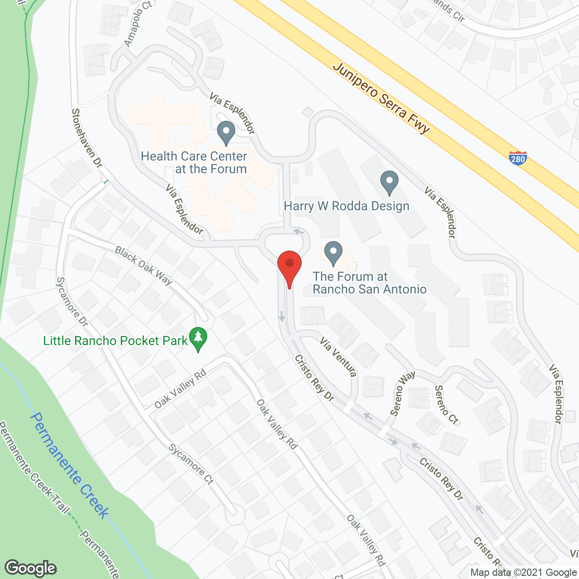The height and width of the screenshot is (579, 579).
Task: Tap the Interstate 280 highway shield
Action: [517, 158]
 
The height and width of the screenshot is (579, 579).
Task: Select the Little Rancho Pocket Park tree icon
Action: [198, 339]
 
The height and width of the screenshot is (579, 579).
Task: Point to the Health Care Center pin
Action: [226, 132]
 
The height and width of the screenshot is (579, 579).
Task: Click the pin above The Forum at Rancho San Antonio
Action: [333, 253]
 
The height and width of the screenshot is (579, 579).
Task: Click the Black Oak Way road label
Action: [143, 266]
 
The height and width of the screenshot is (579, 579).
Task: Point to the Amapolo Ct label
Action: [138, 24]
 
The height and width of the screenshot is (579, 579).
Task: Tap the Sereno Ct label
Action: [446, 404]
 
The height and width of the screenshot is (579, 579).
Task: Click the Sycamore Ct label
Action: [191, 464]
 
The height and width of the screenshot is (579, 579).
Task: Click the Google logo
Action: [31, 568]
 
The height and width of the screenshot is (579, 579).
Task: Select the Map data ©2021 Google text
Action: [523, 572]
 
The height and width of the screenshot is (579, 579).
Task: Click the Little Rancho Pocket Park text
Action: [115, 341]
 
